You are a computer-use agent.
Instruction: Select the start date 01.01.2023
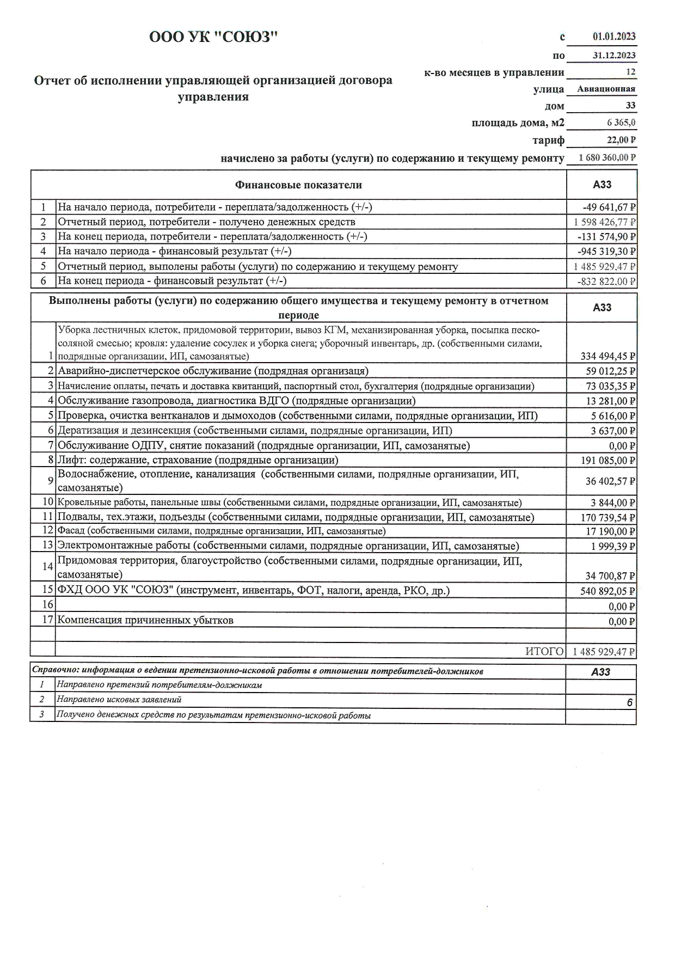[x=614, y=37]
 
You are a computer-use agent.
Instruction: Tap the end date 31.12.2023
[x=614, y=55]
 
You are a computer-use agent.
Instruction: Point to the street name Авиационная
[x=606, y=89]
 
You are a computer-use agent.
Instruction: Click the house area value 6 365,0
[x=621, y=123]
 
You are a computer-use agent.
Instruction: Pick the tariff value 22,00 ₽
[x=621, y=140]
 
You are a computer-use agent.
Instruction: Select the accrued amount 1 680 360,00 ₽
[x=607, y=158]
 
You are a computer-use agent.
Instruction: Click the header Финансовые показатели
[x=298, y=185]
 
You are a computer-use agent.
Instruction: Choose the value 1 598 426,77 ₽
[x=605, y=222]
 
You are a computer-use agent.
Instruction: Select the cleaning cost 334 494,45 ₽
[x=609, y=357]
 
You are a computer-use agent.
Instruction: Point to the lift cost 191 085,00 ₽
[x=609, y=461]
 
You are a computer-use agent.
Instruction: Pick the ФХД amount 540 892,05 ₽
[x=609, y=591]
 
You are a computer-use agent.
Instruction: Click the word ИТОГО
[x=544, y=651]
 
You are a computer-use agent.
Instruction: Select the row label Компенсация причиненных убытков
[x=145, y=620]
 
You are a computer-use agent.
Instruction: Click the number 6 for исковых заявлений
[x=629, y=702]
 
